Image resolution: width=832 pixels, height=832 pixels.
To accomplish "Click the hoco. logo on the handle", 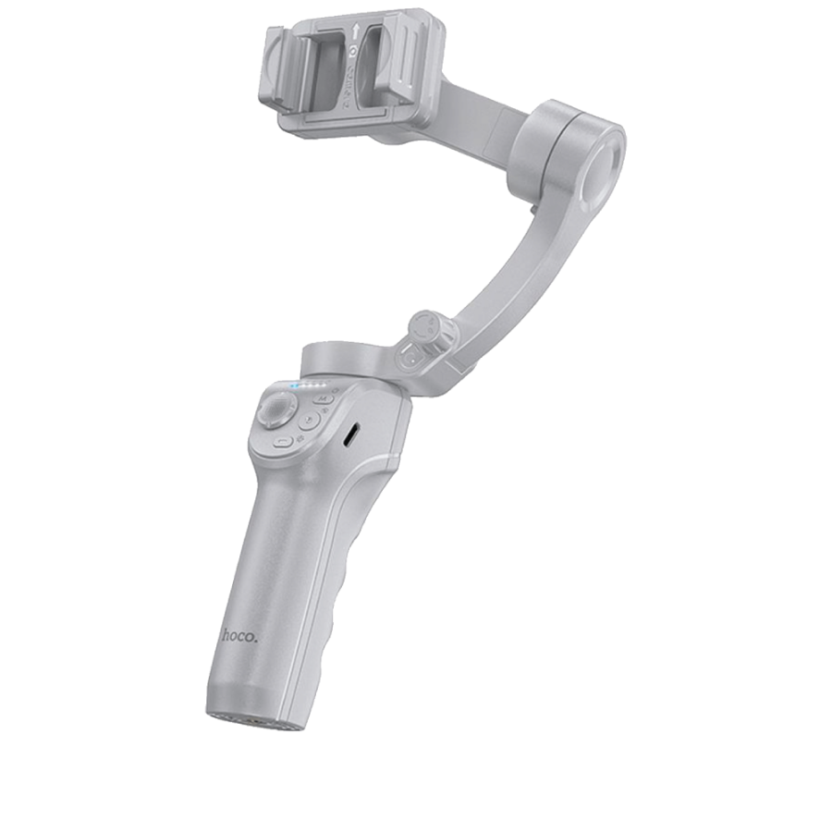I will (x=240, y=636).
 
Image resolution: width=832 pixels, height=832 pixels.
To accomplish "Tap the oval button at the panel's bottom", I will (x=283, y=442).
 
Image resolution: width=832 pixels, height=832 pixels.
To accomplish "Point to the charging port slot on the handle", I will (x=351, y=434).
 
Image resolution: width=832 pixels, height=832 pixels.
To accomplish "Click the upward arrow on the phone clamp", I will (x=356, y=31).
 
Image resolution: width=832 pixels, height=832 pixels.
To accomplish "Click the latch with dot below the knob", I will (x=410, y=359).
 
